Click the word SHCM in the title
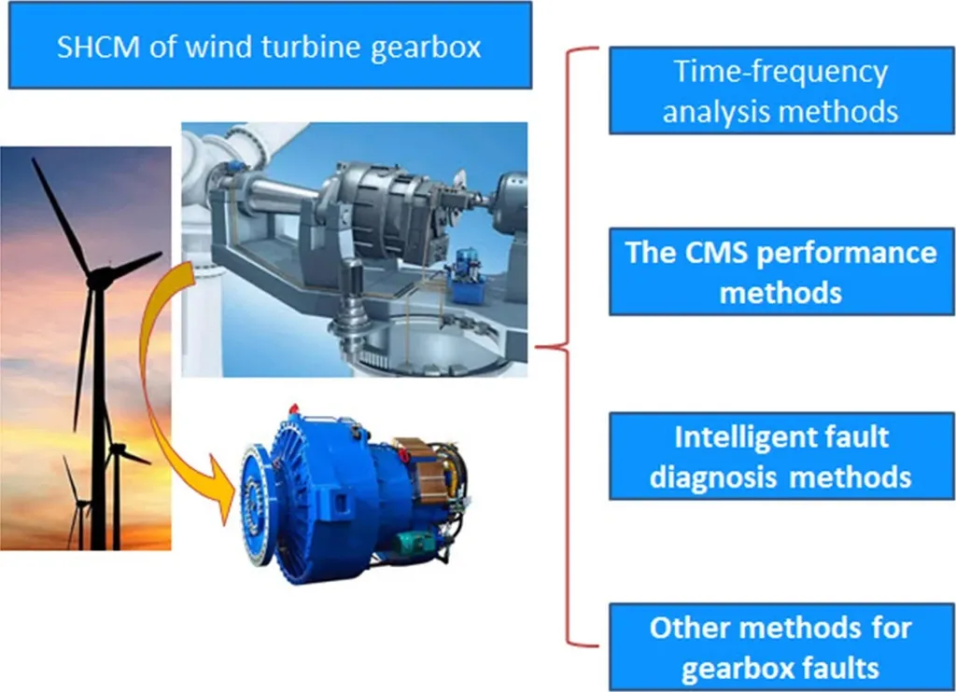point(98,47)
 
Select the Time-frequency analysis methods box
point(781,90)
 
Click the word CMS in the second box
point(716,252)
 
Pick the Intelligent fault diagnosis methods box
point(781,456)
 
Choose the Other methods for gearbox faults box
point(781,647)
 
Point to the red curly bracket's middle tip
point(537,347)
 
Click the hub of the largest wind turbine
point(97,277)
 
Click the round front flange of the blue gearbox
point(254,505)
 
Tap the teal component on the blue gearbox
point(415,542)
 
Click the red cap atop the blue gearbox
point(294,408)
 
